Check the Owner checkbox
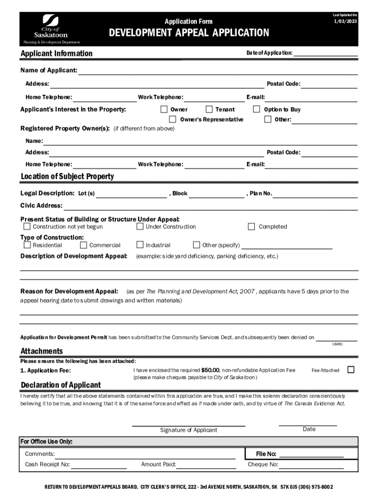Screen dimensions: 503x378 pos(164,109)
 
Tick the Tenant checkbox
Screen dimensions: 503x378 pos(209,109)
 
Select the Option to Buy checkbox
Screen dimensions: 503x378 pos(256,109)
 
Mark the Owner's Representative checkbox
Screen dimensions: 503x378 pos(173,119)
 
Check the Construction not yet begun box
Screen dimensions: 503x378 pos(27,226)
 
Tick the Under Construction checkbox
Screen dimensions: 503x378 pos(140,226)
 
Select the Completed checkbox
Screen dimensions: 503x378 pos(251,226)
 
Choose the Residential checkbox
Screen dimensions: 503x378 pos(27,245)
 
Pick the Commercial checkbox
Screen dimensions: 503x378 pos(83,245)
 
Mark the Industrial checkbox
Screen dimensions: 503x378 pos(140,245)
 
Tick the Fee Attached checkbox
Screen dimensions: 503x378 pos(351,369)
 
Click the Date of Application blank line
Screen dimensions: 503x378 pos(325,53)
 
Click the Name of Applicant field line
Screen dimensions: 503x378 pos(218,71)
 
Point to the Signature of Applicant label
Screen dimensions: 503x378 pos(189,430)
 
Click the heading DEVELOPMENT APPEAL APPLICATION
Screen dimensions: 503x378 pos(189,33)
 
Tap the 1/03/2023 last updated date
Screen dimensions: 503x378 pos(346,22)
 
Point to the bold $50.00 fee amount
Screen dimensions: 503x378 pos(211,370)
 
